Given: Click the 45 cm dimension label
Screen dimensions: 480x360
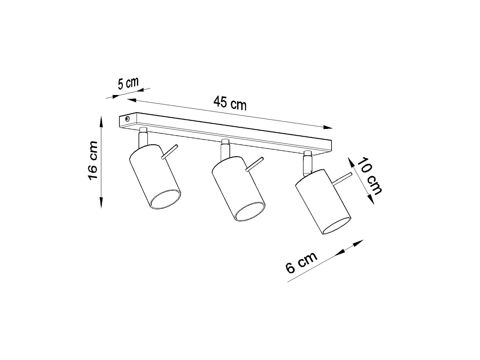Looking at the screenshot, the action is (x=230, y=103).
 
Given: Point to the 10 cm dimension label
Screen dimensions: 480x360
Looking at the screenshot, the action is (x=369, y=176).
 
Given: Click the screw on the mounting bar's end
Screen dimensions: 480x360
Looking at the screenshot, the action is (x=127, y=119).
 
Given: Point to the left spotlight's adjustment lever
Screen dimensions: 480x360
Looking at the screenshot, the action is (x=169, y=152).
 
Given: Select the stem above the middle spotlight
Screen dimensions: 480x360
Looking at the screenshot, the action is (x=225, y=149).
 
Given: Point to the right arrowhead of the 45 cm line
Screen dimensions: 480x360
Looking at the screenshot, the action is (x=328, y=127).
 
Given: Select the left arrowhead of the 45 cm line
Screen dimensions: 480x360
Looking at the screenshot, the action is (x=132, y=100).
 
